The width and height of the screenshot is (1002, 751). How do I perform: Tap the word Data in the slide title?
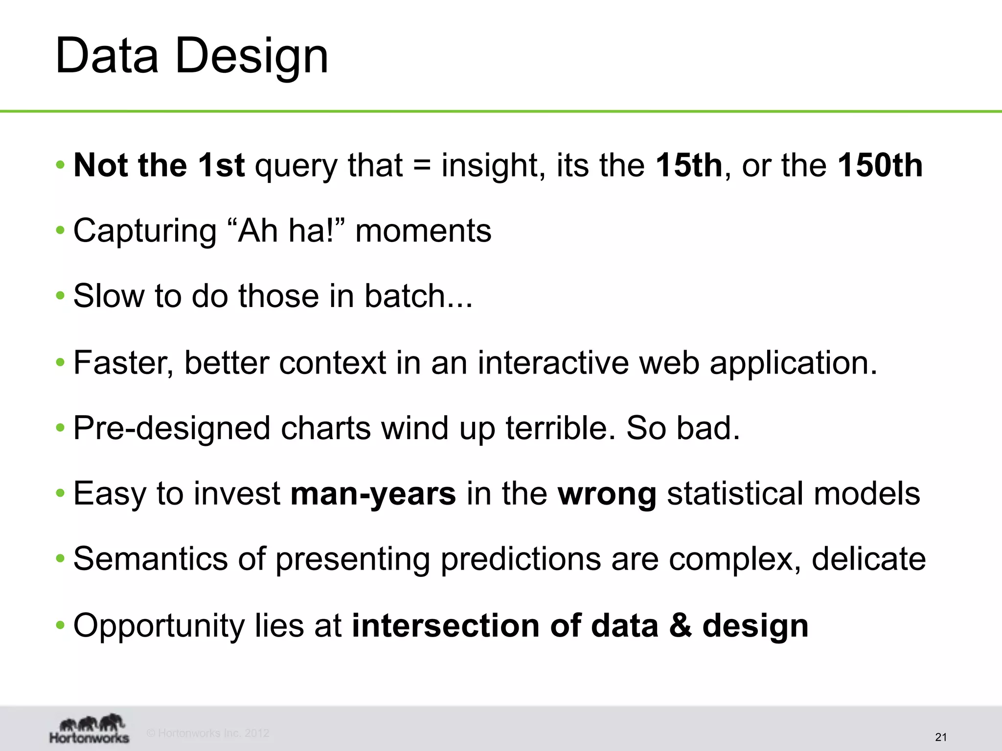point(107,56)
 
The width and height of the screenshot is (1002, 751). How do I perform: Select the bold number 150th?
point(880,165)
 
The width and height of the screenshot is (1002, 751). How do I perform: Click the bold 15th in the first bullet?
point(688,165)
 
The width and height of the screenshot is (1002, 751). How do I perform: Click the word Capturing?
point(145,231)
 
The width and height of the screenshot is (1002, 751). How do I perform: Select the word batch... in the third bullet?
point(418,296)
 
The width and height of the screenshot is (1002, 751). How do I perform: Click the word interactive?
point(553,363)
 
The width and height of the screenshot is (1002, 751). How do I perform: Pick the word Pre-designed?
point(172,428)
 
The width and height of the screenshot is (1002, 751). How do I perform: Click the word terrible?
point(560,428)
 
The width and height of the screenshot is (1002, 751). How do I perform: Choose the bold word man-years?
point(373,493)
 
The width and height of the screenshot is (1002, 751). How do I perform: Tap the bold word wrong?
point(607,493)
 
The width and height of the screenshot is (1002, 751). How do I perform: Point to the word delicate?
point(868,559)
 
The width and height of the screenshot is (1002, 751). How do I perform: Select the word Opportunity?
point(159,625)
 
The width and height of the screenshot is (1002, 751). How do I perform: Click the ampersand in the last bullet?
point(680,625)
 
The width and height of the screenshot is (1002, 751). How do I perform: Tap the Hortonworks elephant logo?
point(90,729)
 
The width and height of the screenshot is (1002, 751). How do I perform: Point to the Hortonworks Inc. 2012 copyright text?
point(208,733)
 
